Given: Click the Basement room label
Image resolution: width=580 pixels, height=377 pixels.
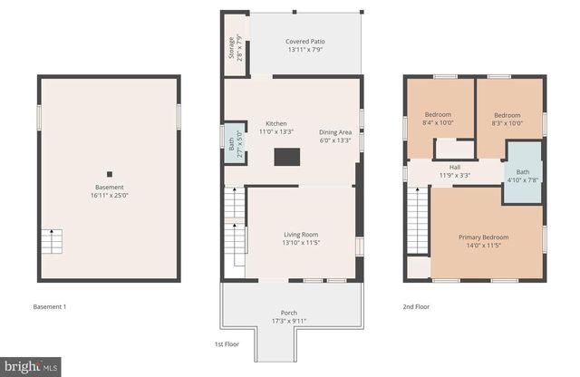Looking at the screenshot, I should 109,190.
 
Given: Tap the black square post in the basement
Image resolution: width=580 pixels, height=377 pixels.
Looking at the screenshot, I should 109,174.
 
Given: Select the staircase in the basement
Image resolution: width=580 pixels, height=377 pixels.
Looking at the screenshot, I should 52,242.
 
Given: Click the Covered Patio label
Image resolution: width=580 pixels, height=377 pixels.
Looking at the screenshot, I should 304,45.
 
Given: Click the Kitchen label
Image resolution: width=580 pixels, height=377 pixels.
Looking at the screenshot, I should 275,128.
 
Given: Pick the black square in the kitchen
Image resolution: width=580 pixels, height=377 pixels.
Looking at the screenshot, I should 285,156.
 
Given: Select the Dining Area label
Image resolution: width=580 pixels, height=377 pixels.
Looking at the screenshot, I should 335,136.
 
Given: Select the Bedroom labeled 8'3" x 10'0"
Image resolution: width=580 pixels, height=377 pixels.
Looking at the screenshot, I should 507,119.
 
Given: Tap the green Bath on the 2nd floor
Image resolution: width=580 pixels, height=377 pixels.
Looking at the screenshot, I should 523,176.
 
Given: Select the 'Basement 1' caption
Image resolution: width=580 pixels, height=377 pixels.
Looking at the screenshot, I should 49,307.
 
